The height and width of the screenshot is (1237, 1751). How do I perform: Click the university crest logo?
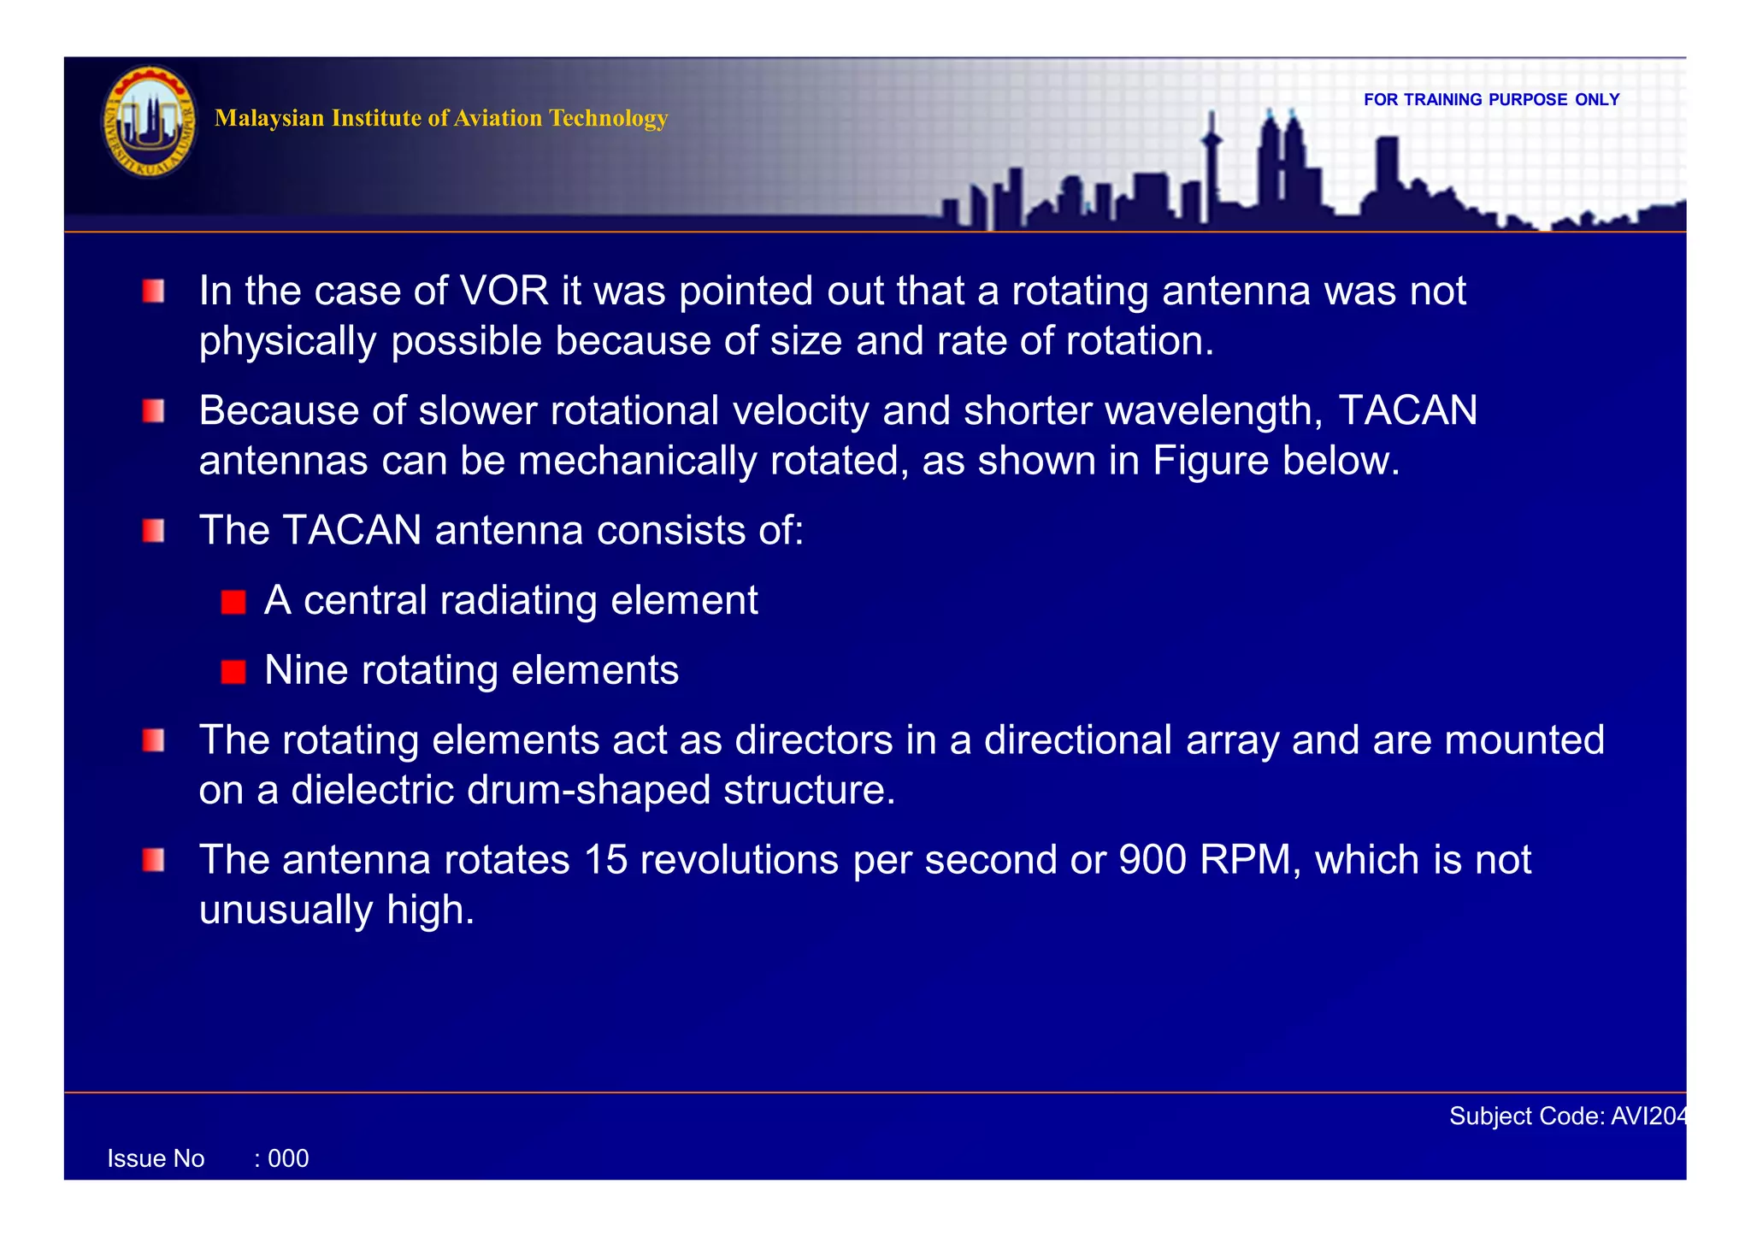coord(150,122)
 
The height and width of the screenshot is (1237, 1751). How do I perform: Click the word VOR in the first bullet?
coord(504,292)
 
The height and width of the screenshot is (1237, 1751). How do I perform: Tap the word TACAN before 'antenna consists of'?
coord(352,530)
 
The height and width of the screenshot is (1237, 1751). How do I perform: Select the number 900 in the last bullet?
coord(1153,860)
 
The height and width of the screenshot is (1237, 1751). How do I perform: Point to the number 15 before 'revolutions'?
coord(605,860)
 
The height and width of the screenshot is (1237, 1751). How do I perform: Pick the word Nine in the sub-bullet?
coord(306,670)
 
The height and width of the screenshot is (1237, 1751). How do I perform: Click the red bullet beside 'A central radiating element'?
coord(233,602)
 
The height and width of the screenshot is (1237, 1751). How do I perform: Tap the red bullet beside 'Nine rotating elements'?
coord(233,672)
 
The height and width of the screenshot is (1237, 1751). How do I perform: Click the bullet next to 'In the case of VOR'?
coord(154,292)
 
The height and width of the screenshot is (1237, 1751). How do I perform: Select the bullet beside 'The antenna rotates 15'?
coord(154,860)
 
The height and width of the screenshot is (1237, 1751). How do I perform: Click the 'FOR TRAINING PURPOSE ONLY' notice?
coord(1491,100)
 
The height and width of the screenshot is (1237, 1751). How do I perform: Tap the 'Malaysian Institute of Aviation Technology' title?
coord(441,118)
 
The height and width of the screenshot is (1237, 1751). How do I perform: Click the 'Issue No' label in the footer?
coord(156,1159)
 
